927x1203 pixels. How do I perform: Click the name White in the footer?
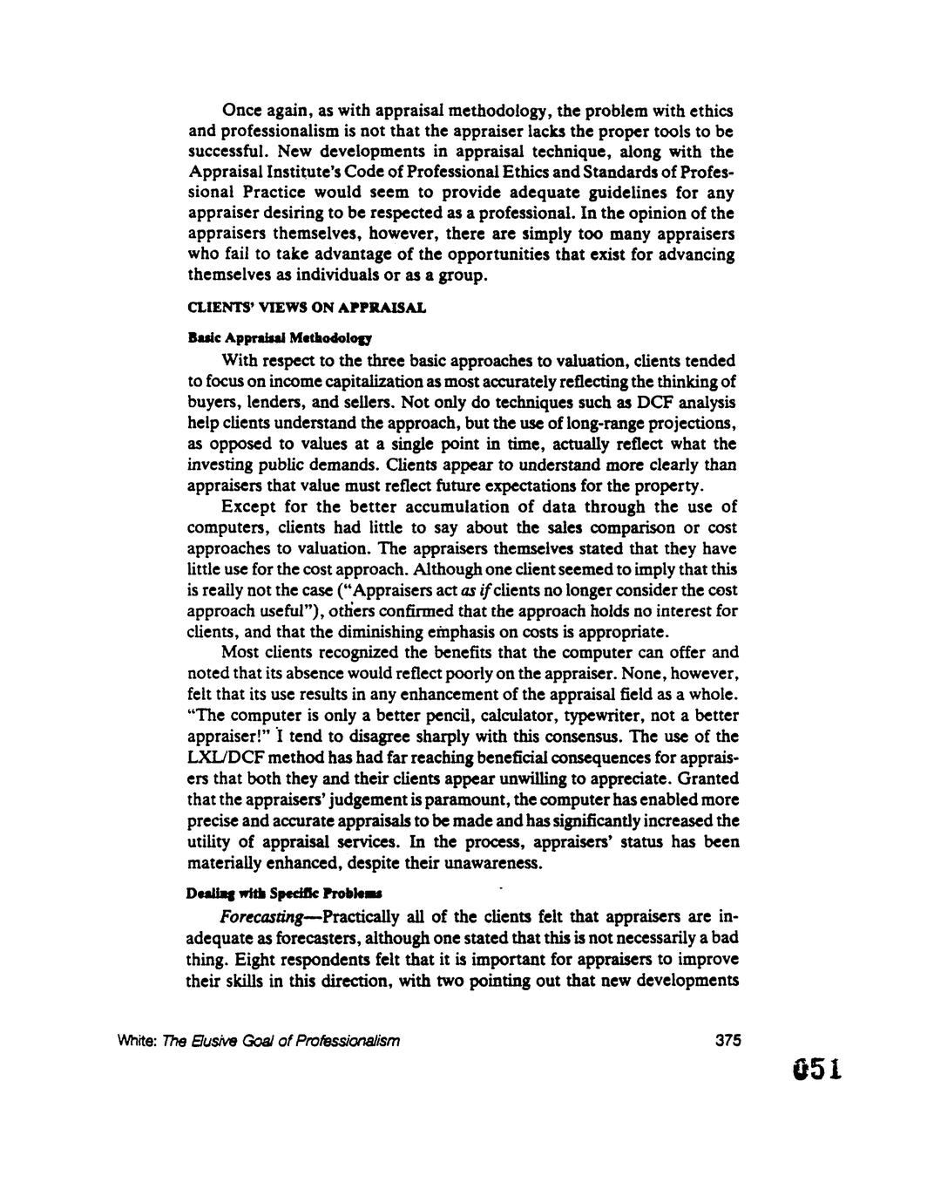[206, 1041]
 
